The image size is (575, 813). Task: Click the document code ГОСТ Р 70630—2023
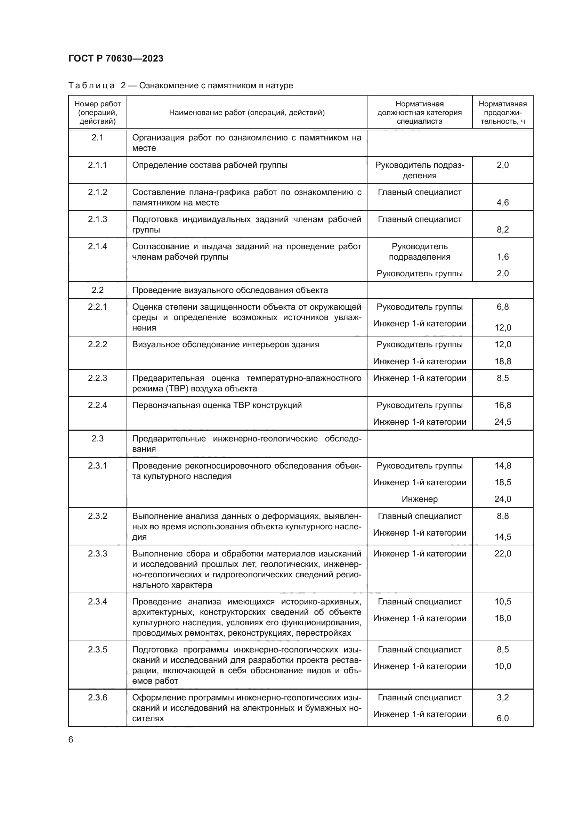pyautogui.click(x=116, y=58)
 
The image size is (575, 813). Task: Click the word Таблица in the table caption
pyautogui.click(x=91, y=86)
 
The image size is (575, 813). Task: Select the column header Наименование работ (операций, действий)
pyautogui.click(x=246, y=113)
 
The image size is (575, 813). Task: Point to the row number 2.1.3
pyautogui.click(x=97, y=219)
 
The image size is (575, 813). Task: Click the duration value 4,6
pyautogui.click(x=502, y=203)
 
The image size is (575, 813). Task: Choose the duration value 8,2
pyautogui.click(x=502, y=229)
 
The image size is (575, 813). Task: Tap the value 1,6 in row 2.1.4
pyautogui.click(x=502, y=257)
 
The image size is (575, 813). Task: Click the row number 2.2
pyautogui.click(x=97, y=290)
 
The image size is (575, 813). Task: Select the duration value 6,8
pyautogui.click(x=502, y=307)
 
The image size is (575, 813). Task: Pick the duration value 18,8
pyautogui.click(x=502, y=361)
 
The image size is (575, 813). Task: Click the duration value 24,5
pyautogui.click(x=502, y=422)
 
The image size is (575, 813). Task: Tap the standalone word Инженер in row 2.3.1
pyautogui.click(x=420, y=499)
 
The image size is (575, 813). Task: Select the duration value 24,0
pyautogui.click(x=502, y=499)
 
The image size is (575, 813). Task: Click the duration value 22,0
pyautogui.click(x=502, y=553)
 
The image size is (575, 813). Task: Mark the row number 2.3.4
pyautogui.click(x=97, y=602)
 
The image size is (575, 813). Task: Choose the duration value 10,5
pyautogui.click(x=502, y=602)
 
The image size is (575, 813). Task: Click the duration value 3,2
pyautogui.click(x=502, y=697)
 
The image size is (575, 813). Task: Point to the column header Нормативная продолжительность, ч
pyautogui.click(x=502, y=113)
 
